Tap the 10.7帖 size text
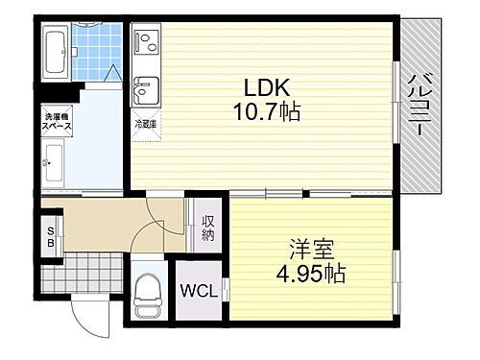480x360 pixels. click(x=264, y=113)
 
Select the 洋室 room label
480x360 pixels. click(x=312, y=248)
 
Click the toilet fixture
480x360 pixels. click(x=149, y=292)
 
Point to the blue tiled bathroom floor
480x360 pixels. click(x=93, y=56)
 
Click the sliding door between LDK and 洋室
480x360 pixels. click(x=288, y=194)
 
